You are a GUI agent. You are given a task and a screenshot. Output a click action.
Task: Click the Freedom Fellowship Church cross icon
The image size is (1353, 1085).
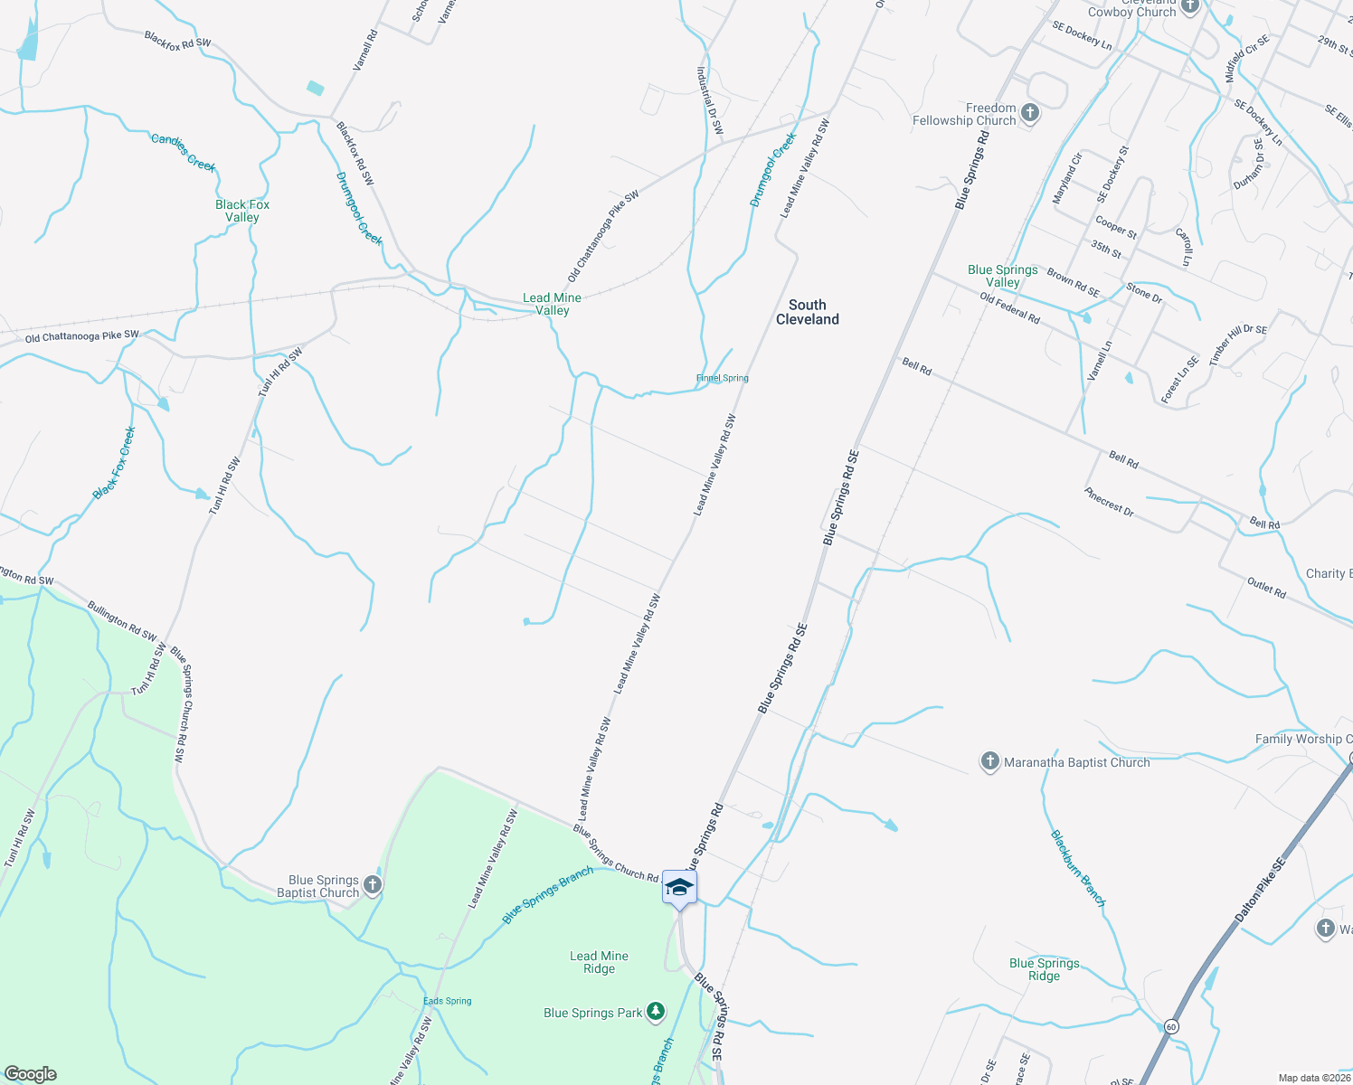(x=1029, y=113)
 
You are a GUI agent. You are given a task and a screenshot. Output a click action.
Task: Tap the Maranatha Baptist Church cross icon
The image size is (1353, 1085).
(x=990, y=762)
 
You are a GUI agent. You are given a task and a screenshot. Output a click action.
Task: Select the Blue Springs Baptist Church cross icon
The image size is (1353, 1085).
(x=372, y=885)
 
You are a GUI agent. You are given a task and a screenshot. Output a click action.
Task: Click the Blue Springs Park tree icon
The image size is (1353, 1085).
(x=655, y=1012)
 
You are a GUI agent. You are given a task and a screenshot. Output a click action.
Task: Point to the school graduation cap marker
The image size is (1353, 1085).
(x=679, y=888)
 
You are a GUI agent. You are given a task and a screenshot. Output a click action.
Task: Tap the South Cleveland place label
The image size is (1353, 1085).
(x=807, y=312)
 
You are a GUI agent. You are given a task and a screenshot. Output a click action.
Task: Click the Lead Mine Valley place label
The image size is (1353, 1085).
(x=552, y=304)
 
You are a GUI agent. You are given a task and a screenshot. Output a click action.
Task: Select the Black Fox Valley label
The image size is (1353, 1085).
(x=242, y=211)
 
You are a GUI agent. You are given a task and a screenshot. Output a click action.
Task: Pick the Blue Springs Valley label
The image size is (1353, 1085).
(x=1002, y=276)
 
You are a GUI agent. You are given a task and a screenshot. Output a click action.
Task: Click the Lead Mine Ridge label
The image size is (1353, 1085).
(x=599, y=962)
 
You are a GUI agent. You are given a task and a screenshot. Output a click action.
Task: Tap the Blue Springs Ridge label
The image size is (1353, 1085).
(x=1044, y=969)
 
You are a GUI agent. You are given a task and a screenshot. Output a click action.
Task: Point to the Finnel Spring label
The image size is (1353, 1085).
(x=722, y=378)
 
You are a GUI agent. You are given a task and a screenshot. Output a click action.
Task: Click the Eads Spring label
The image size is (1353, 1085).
(x=448, y=1001)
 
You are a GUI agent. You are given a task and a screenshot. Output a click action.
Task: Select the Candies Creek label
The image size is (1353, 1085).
(x=184, y=151)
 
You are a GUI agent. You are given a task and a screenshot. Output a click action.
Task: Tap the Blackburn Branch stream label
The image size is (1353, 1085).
(x=1077, y=868)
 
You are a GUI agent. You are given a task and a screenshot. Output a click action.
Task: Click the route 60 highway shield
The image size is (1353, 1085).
(x=1171, y=1026)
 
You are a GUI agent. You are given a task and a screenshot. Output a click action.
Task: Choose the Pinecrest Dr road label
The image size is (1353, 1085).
(x=1109, y=502)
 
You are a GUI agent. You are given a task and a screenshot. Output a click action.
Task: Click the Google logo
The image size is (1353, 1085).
(x=31, y=1074)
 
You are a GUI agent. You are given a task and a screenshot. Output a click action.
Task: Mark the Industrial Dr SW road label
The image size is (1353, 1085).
(x=710, y=99)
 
